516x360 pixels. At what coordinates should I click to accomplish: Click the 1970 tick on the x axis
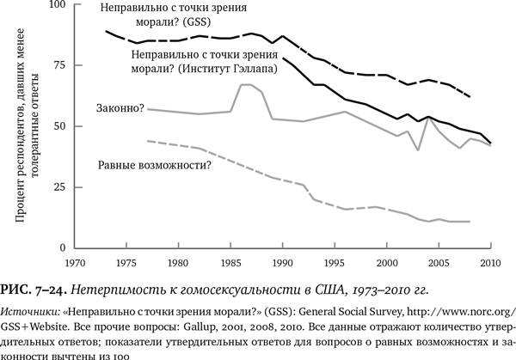76,261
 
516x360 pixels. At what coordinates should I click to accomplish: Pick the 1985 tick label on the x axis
231,261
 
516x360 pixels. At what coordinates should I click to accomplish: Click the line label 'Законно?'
122,108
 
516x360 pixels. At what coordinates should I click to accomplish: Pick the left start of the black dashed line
106,31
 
